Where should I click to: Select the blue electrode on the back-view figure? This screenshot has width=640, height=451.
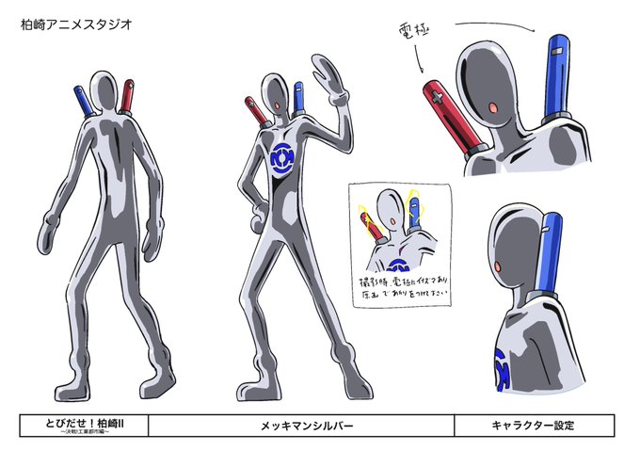[82, 98]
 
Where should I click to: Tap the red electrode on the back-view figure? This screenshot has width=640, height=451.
[127, 94]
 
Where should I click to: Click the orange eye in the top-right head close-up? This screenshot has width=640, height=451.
[493, 110]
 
